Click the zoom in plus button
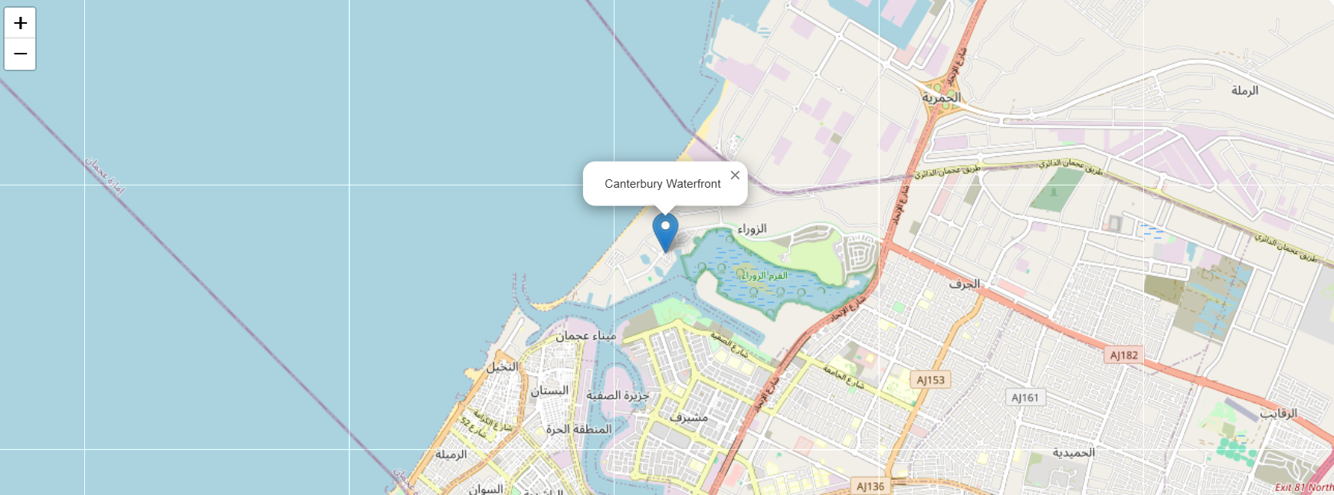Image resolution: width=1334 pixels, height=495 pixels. (x=20, y=22)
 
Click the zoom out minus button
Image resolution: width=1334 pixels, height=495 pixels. (x=20, y=54)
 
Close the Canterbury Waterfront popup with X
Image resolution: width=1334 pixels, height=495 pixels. (x=735, y=175)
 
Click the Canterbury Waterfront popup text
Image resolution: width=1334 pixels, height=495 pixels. (x=662, y=184)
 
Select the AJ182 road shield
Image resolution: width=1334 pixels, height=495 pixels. (x=1124, y=355)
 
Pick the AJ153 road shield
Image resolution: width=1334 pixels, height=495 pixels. (x=931, y=379)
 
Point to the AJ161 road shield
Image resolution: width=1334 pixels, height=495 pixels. (x=1024, y=397)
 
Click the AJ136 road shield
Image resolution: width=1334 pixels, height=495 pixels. (x=870, y=486)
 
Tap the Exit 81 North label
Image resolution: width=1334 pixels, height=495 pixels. (x=1303, y=487)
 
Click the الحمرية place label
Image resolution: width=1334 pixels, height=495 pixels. (x=941, y=98)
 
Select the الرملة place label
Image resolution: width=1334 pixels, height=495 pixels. (x=1244, y=90)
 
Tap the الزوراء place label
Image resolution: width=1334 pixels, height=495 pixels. (x=752, y=228)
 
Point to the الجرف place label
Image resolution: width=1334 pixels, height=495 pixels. (x=965, y=284)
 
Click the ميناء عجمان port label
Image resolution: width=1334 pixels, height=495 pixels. (x=586, y=336)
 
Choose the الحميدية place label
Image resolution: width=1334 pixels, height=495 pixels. (x=1073, y=452)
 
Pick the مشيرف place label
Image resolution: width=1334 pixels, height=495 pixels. (x=688, y=418)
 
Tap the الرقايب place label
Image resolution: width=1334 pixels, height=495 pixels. (x=1279, y=413)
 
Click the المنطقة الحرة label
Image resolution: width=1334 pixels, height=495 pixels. (x=579, y=429)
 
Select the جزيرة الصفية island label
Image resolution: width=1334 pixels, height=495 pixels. (x=618, y=395)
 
